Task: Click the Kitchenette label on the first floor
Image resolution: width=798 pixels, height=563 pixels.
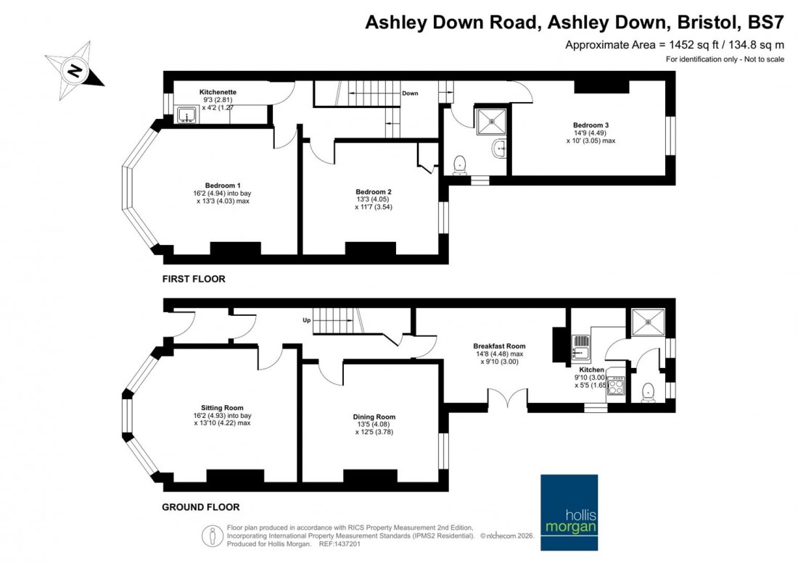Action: [218, 92]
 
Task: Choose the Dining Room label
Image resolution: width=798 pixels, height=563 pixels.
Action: [374, 417]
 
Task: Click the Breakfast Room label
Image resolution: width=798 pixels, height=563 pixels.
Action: [499, 346]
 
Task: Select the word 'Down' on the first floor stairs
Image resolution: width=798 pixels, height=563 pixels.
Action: [410, 93]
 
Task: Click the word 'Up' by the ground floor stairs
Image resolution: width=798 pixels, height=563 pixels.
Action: [307, 320]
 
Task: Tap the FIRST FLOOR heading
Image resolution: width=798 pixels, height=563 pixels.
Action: [194, 279]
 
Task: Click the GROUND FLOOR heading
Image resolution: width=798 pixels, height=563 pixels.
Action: [201, 507]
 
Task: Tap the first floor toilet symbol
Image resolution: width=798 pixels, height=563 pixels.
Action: [458, 165]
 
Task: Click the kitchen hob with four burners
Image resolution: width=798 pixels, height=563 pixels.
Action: [615, 385]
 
